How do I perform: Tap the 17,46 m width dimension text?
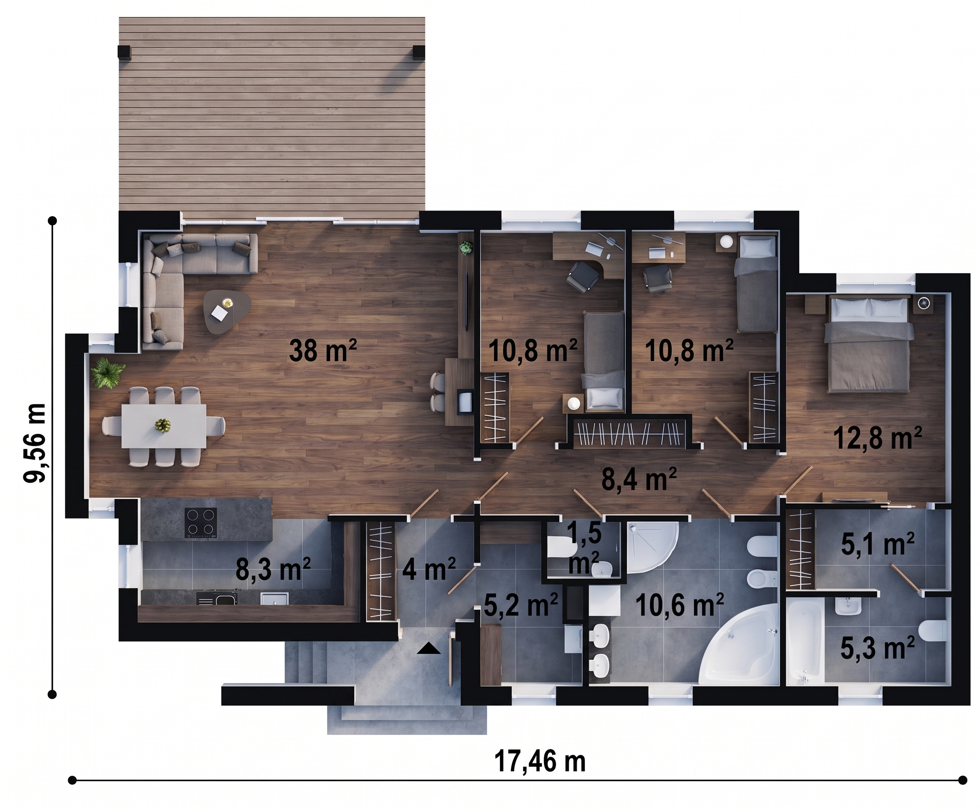(540, 761)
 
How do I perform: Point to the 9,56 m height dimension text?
(35, 443)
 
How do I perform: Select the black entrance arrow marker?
(428, 648)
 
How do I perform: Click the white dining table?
(163, 426)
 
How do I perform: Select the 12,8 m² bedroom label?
(877, 438)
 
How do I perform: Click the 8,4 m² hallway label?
(639, 479)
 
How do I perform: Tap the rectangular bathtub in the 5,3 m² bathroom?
(805, 641)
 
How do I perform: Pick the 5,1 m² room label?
(877, 544)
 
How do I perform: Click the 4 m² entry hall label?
(429, 569)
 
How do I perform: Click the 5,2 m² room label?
(521, 605)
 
